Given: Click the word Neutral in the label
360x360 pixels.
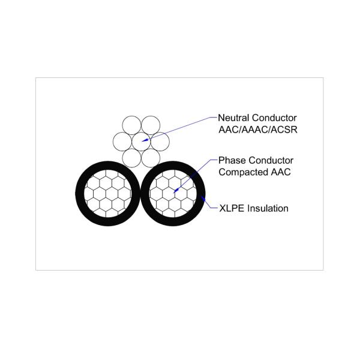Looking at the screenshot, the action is tap(233, 118).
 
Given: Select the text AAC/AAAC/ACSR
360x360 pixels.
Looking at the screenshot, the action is tap(258, 130).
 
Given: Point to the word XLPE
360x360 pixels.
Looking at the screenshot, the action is tap(232, 208).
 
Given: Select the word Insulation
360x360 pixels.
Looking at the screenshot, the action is tap(268, 208).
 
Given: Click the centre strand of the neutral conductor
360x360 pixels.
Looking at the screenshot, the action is tap(141, 142).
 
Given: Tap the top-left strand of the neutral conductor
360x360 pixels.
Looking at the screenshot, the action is tap(131, 125).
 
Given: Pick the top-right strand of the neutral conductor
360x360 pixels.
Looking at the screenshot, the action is tap(151, 125).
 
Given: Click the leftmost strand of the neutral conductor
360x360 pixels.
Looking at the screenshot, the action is tap(122, 142).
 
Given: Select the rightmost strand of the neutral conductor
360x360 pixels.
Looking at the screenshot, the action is tap(160, 142).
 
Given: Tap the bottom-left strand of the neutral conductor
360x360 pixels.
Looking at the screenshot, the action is tap(131, 158).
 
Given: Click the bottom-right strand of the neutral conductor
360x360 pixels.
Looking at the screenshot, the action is tap(151, 158).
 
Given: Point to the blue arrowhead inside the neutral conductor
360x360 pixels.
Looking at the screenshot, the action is tap(145, 140).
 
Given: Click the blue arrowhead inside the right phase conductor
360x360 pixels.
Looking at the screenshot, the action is tap(176, 190).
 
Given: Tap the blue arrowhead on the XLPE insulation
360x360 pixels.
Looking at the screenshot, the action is tap(203, 199).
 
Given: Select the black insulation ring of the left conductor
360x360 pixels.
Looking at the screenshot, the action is tap(107, 194).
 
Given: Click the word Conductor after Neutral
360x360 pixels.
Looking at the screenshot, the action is tap(274, 118).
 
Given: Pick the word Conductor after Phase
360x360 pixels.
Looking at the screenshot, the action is tap(271, 160).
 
